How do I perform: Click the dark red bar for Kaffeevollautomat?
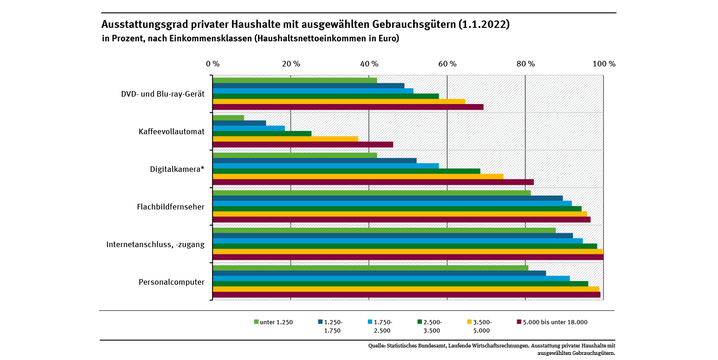(303, 144)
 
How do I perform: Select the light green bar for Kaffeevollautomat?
(228, 118)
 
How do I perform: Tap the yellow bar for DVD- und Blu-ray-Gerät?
(339, 101)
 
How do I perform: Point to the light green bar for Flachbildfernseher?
(371, 193)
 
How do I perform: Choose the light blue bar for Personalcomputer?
(391, 278)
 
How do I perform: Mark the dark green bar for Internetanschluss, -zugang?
(405, 246)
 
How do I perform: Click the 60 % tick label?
(447, 64)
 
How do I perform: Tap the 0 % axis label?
(212, 64)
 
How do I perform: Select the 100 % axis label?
(603, 64)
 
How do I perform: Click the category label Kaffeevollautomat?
(171, 131)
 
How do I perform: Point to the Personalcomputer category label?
(171, 282)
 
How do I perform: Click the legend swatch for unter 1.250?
(256, 321)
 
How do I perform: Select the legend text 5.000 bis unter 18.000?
(555, 322)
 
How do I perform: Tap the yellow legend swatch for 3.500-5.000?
(468, 321)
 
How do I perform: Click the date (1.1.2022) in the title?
(483, 25)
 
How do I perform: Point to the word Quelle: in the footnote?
(376, 346)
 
